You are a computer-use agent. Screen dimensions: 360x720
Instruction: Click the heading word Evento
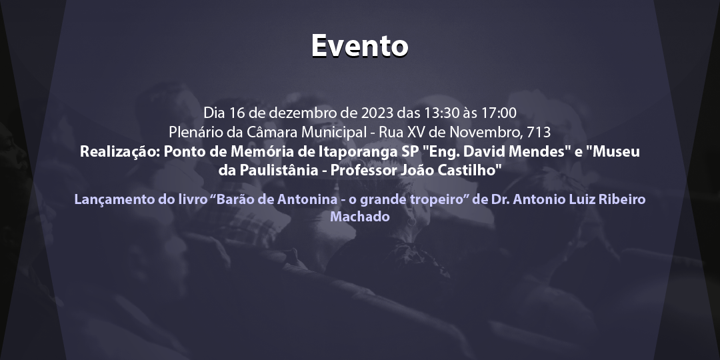(359, 45)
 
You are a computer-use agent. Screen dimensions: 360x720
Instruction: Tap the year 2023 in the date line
(377, 112)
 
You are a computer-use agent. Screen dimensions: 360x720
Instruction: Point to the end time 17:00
(497, 112)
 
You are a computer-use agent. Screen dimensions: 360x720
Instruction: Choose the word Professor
(365, 170)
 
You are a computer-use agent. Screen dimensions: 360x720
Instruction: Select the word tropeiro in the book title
(438, 199)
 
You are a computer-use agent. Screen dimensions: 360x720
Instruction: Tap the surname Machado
(360, 217)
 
